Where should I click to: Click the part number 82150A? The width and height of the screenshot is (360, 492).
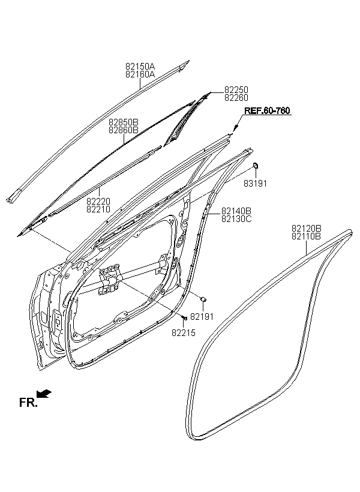tap(140, 67)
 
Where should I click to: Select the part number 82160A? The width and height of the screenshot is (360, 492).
tap(140, 74)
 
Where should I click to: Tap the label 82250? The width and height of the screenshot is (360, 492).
tap(236, 90)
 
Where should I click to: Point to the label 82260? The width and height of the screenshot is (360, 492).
tap(236, 98)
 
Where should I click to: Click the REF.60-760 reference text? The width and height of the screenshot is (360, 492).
tap(267, 111)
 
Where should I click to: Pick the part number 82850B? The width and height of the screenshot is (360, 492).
tap(124, 122)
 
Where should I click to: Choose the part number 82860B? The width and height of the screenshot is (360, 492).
tap(124, 130)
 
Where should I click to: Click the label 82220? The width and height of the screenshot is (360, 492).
tap(98, 202)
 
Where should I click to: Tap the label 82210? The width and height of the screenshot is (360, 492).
tap(98, 209)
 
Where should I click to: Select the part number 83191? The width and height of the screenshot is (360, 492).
tap(255, 184)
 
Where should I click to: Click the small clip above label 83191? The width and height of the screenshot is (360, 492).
tap(256, 165)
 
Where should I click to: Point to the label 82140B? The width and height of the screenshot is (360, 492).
tap(236, 211)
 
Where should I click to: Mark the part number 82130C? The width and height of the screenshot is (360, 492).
tap(236, 219)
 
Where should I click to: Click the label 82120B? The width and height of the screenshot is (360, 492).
tap(307, 229)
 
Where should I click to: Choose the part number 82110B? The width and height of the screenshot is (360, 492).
tap(307, 236)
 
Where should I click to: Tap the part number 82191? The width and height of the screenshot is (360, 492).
tap(202, 317)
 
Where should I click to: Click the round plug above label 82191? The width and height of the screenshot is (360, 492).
tap(203, 299)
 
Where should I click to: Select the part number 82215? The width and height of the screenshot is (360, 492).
tap(183, 333)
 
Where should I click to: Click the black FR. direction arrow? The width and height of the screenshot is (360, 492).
tap(44, 394)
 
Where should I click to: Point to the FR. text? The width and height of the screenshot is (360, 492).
tap(28, 403)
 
